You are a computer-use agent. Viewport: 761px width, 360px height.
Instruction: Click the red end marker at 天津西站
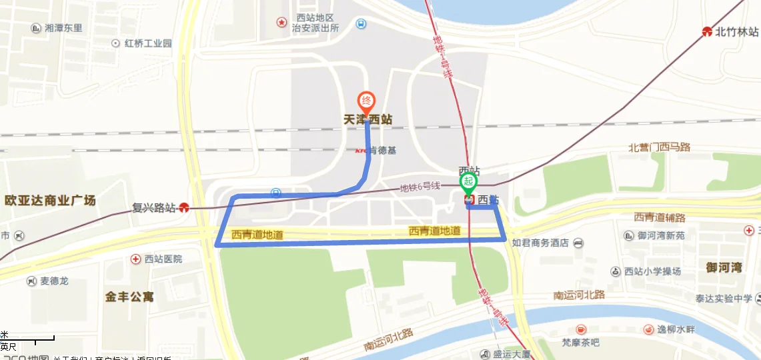(366, 102)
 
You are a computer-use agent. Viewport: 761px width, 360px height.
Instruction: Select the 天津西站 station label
(367, 120)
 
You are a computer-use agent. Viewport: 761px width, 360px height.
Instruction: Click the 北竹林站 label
(737, 31)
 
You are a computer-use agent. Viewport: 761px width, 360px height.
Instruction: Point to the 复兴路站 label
(153, 207)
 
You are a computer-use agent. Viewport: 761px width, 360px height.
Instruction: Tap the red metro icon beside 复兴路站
(183, 207)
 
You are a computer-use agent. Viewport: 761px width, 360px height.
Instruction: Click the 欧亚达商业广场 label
(50, 200)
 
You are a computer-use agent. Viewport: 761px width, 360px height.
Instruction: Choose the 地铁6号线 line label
(420, 187)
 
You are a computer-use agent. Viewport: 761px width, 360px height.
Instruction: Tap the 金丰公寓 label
(129, 296)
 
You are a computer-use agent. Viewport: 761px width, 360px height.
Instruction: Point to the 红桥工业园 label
(148, 43)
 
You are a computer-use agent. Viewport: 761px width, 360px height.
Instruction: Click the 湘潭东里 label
(63, 28)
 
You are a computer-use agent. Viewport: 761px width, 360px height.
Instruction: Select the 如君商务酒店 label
(540, 243)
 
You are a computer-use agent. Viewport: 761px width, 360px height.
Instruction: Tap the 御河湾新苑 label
(661, 235)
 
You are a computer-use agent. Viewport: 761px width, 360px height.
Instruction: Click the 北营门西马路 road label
(659, 147)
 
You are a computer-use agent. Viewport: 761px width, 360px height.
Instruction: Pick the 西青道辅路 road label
(659, 217)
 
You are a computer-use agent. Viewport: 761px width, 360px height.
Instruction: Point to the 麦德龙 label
(55, 281)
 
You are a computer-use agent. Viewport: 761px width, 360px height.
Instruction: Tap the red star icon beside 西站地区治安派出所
(281, 23)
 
